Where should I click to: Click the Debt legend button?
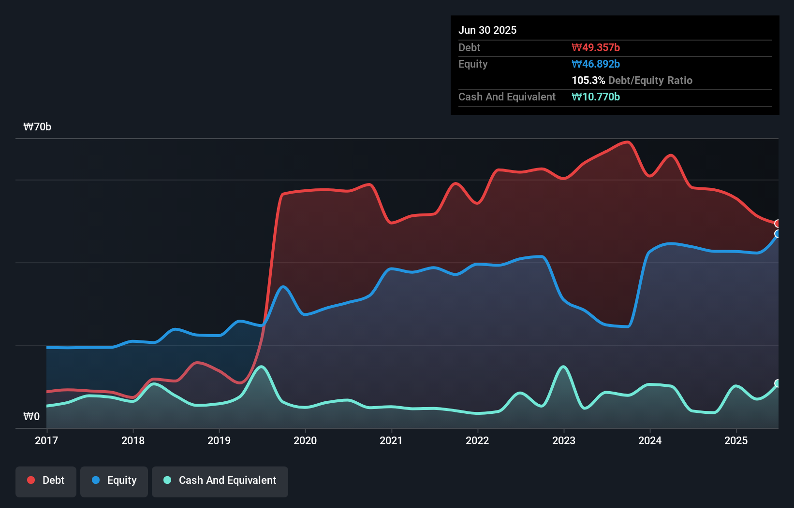[x=46, y=480]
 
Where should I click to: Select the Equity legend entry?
[x=114, y=480]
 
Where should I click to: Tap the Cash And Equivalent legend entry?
[x=220, y=480]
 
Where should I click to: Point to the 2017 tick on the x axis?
[x=46, y=440]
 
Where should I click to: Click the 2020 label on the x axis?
[x=305, y=440]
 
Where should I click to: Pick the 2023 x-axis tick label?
[x=564, y=440]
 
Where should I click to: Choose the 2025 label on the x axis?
[x=736, y=440]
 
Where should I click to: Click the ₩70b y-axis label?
[x=37, y=127]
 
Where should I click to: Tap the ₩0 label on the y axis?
[x=31, y=417]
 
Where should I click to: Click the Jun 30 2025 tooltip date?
[x=487, y=30]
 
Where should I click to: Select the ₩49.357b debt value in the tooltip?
[x=596, y=47]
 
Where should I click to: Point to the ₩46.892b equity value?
[x=596, y=64]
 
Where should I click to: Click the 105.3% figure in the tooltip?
[x=588, y=80]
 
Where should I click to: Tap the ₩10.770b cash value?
[x=596, y=97]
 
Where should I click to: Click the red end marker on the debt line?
[x=778, y=224]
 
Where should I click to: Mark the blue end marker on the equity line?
[x=778, y=234]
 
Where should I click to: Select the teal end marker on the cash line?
[x=778, y=383]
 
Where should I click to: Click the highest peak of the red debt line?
[x=627, y=142]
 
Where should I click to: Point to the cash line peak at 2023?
[x=563, y=367]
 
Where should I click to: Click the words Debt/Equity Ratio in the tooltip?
[x=650, y=80]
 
